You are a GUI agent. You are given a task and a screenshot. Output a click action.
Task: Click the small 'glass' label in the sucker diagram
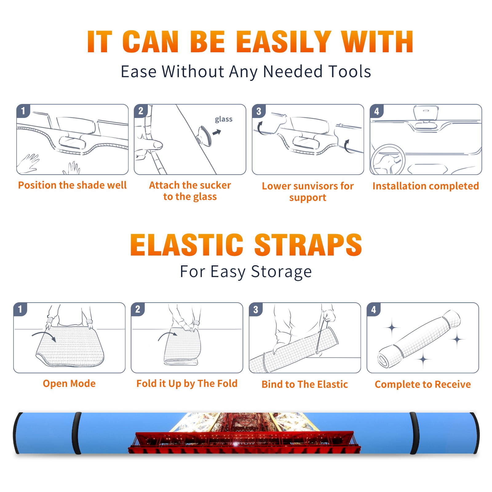tap(224, 119)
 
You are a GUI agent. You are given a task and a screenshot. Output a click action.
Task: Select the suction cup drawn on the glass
tap(204, 136)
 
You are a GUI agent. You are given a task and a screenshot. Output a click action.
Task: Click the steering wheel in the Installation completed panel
tap(388, 159)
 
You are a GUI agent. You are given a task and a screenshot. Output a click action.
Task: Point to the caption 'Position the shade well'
tap(72, 185)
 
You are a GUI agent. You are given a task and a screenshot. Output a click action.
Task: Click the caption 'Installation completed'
tap(426, 186)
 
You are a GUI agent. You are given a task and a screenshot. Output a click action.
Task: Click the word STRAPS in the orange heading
tap(308, 245)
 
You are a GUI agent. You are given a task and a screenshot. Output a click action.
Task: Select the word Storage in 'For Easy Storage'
tap(281, 272)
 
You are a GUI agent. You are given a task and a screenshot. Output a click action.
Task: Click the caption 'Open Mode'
tap(69, 383)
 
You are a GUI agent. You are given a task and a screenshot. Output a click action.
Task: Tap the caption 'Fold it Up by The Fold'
tap(187, 384)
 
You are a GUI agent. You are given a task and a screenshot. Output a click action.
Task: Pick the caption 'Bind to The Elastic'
tap(305, 384)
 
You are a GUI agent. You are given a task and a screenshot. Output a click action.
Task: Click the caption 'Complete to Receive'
tap(423, 384)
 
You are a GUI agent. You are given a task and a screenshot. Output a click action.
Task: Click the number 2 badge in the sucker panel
tap(141, 111)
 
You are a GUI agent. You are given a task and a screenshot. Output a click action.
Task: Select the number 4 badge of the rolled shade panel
tap(374, 309)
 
